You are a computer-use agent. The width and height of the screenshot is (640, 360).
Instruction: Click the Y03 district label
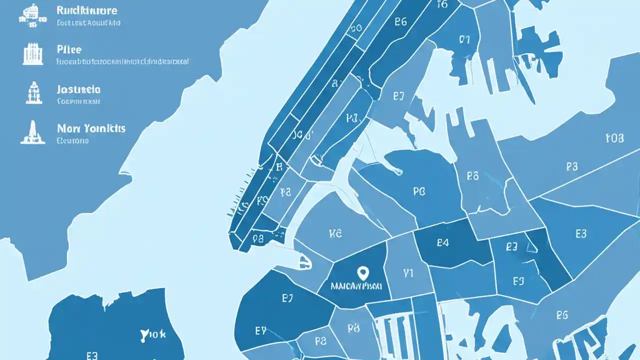(614, 138)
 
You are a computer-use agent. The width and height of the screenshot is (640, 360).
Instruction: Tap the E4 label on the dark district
(442, 243)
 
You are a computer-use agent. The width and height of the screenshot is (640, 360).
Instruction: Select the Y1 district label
(408, 273)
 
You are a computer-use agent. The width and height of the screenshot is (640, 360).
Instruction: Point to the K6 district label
(335, 233)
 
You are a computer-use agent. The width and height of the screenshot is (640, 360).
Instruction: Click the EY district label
(260, 330)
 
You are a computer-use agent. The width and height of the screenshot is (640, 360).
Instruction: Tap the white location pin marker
(363, 273)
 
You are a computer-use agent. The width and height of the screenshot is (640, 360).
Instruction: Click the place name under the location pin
(356, 286)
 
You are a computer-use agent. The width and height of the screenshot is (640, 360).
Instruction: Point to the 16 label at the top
(442, 4)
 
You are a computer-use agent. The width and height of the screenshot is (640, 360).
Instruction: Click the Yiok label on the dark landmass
(153, 333)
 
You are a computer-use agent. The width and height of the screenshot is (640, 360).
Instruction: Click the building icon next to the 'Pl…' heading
(32, 53)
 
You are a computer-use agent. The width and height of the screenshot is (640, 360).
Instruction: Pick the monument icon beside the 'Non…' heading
(32, 132)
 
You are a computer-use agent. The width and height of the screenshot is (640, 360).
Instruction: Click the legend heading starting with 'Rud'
(87, 10)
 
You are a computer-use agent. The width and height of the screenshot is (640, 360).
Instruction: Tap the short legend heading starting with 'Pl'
(69, 49)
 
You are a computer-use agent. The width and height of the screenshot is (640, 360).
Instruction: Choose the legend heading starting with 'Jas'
(78, 89)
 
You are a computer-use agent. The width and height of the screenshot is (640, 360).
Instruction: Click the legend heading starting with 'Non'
(91, 128)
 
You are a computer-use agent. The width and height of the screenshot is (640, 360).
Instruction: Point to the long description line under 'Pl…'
(122, 62)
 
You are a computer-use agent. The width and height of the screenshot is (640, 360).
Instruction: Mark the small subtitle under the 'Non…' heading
(73, 141)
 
